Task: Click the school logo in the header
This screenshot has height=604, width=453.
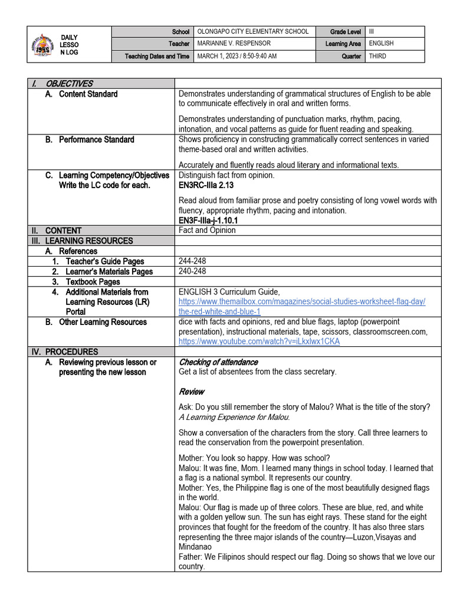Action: (43, 44)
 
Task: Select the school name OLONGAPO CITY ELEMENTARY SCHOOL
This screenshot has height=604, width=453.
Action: (252, 32)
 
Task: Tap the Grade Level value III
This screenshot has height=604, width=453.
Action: (372, 32)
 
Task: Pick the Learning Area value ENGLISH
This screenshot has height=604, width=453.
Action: (381, 44)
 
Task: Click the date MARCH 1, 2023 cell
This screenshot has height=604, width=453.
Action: (237, 56)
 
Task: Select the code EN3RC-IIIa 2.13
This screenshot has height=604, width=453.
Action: (206, 185)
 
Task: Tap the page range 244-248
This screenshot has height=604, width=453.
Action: (191, 261)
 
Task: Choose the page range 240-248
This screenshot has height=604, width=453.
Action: (191, 271)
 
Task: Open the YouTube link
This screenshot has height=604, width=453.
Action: (259, 342)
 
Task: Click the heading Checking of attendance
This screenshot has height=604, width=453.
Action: (218, 362)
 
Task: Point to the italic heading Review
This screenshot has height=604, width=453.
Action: (191, 392)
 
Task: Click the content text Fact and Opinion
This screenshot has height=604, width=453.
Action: (207, 231)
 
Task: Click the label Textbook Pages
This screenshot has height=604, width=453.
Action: (93, 282)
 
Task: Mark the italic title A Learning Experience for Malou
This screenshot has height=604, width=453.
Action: (234, 417)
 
